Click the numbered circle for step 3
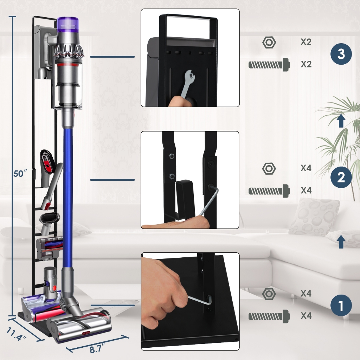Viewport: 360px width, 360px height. coord(341,54)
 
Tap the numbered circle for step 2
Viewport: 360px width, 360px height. coord(341,177)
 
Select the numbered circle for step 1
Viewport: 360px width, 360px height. coord(341,306)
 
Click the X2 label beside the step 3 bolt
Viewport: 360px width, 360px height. coord(306,64)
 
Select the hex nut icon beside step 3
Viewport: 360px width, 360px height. coord(269,42)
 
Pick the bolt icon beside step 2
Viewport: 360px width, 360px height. coord(269,191)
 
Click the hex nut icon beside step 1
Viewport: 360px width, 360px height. coord(269,294)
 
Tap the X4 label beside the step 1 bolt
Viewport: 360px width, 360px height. coord(306,316)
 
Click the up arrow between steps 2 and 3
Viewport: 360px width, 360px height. coord(341,121)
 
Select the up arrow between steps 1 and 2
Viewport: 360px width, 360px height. coord(341,242)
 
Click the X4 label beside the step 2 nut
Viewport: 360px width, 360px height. coord(306,168)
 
